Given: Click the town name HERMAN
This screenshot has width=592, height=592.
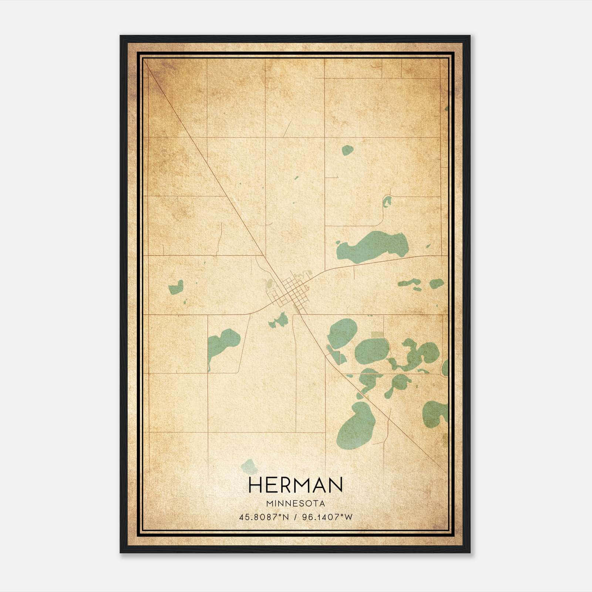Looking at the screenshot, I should [x=296, y=485].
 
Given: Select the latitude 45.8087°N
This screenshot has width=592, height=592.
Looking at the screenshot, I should [x=263, y=517].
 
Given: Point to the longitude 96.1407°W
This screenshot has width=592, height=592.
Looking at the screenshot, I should [x=327, y=517].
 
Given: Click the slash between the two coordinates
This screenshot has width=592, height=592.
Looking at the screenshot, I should [x=296, y=517].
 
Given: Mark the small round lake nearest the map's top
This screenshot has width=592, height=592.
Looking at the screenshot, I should [x=347, y=150].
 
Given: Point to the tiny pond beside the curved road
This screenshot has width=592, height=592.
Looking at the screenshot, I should [x=387, y=201].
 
